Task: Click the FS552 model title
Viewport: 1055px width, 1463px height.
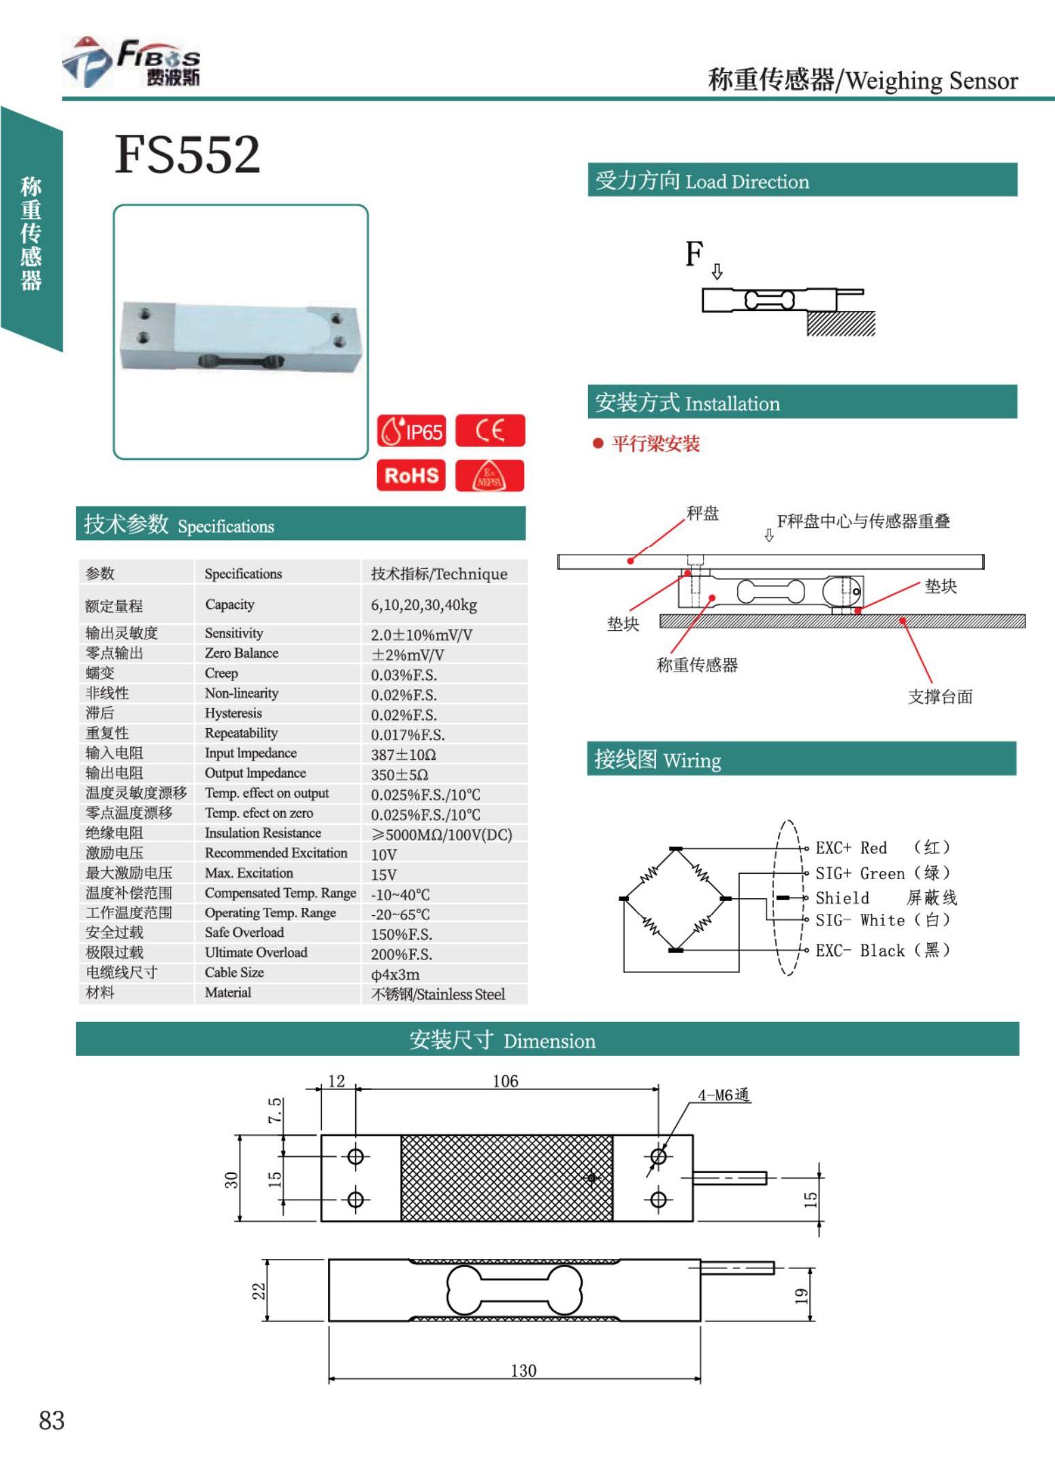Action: point(187,154)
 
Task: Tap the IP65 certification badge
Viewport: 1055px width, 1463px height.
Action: point(412,431)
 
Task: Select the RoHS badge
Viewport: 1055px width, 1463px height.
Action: point(411,475)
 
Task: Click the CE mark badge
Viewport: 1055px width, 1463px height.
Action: point(490,431)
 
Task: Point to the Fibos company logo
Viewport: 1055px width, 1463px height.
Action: point(133,63)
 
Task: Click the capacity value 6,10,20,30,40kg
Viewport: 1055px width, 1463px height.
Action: point(423,605)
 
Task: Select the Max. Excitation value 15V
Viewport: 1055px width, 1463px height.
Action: point(384,874)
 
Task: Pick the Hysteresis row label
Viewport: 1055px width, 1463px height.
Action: point(233,713)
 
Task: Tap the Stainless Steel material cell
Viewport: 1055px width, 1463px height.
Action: point(438,994)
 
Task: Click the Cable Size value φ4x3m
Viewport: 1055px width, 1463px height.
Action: point(395,974)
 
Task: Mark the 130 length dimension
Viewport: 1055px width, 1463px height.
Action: point(523,1370)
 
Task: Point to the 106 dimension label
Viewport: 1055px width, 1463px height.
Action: point(505,1081)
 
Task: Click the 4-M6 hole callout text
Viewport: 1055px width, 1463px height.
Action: point(723,1095)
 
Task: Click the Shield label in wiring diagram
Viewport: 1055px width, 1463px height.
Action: point(843,898)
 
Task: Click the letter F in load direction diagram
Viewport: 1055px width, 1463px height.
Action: point(694,254)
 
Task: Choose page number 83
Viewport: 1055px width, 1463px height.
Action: point(52,1421)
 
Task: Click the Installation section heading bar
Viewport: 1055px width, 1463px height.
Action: point(802,403)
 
